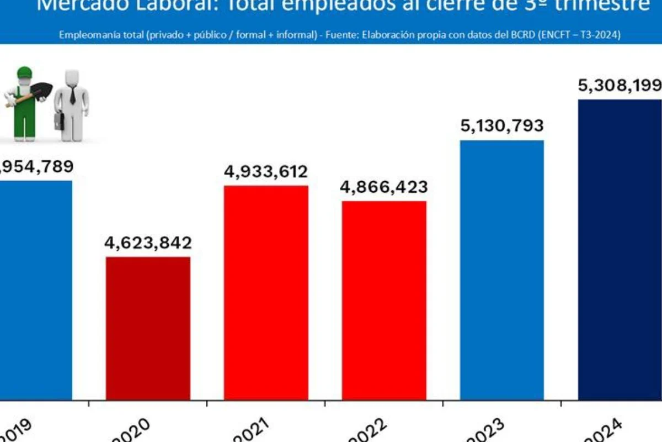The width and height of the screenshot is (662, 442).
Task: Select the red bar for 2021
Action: pos(266,292)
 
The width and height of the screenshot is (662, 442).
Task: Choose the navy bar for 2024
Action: pos(620,249)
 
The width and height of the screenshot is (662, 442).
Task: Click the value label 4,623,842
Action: pos(148,243)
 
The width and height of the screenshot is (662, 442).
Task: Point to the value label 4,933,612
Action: pos(266,172)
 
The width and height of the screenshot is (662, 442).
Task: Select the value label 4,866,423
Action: pos(384,187)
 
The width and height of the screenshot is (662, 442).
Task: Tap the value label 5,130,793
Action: pos(502,126)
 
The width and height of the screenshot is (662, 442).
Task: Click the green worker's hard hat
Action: pos(24,72)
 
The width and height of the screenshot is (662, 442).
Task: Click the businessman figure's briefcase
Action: pos(59,120)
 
